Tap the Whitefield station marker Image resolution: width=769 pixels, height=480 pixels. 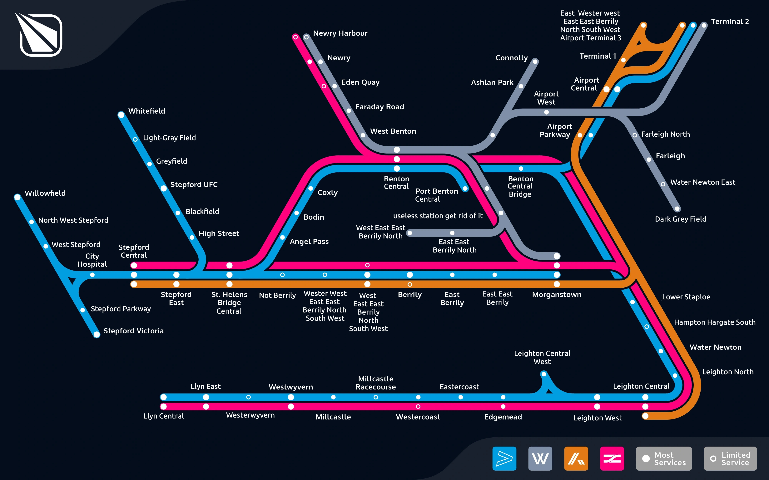pos(121,115)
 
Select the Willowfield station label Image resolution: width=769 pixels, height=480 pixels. pos(45,193)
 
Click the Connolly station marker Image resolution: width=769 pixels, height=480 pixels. pos(535,62)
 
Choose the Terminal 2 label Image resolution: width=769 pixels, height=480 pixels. pos(730,22)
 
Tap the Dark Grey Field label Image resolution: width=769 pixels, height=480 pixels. pos(680,219)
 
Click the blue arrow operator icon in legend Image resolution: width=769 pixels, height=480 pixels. pos(504,458)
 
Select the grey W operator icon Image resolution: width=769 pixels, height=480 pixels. pos(540,458)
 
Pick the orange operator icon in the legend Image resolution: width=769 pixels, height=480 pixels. pos(576,458)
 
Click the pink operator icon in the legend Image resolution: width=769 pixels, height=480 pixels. pos(612,458)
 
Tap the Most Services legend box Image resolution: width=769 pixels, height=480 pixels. pos(663,458)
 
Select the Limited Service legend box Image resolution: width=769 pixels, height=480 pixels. pos(730,458)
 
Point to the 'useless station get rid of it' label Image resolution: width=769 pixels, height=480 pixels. pos(438,216)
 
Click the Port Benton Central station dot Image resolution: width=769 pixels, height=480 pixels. pos(465,189)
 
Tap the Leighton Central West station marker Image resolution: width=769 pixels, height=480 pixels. pos(544,374)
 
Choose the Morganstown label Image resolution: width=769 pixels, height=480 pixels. pos(557,295)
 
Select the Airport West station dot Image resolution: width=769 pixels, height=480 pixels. pos(546,112)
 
